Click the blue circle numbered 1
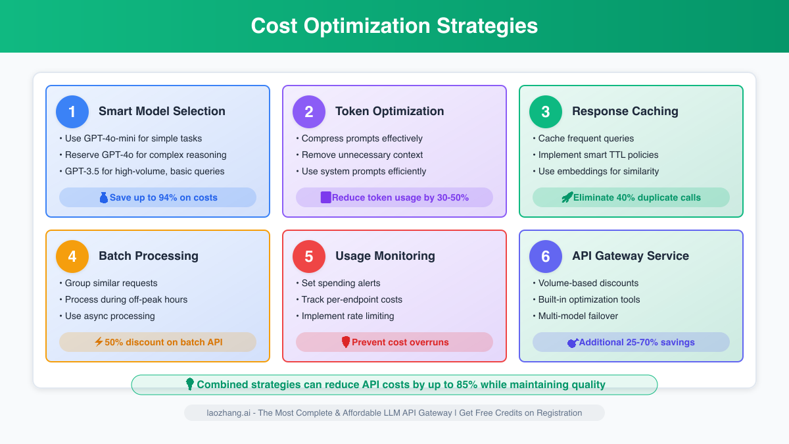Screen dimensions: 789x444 point(72,112)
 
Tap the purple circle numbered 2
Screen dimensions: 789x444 point(309,112)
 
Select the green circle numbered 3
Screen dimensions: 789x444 point(546,112)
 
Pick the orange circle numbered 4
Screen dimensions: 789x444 point(72,257)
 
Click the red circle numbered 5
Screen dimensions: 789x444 point(309,257)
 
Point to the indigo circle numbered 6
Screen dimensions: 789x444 point(546,257)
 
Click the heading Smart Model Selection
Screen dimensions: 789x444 point(162,111)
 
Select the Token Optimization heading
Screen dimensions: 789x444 point(389,111)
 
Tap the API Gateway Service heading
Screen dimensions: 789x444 point(631,256)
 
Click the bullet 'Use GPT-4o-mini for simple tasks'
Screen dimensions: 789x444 point(131,139)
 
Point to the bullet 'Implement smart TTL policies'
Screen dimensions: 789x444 point(596,155)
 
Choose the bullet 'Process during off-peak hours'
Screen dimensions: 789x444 point(124,299)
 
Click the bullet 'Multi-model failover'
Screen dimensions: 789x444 point(575,316)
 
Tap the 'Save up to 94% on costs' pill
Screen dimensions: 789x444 point(158,197)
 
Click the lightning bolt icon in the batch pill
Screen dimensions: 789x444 point(99,342)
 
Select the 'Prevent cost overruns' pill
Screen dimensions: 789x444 point(394,342)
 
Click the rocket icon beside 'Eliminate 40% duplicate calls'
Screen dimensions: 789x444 point(567,197)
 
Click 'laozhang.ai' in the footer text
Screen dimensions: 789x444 point(228,413)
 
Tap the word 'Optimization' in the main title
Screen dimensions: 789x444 point(367,26)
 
